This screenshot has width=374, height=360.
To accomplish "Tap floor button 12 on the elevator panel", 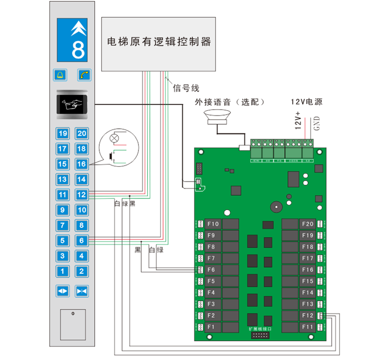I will click(x=81, y=194).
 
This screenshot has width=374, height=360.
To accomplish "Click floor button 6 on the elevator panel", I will click(x=81, y=241).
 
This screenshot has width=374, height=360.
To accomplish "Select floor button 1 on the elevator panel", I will click(x=63, y=271).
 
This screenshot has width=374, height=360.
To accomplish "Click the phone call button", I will click(x=83, y=75).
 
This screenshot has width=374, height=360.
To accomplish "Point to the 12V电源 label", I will click(x=306, y=101).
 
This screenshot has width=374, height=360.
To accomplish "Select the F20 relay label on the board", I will click(x=307, y=224).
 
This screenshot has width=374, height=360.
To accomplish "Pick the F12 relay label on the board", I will click(x=307, y=316).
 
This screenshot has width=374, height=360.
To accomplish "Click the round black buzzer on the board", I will click(x=275, y=206).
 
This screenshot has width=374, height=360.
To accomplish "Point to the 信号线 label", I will click(x=186, y=88).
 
